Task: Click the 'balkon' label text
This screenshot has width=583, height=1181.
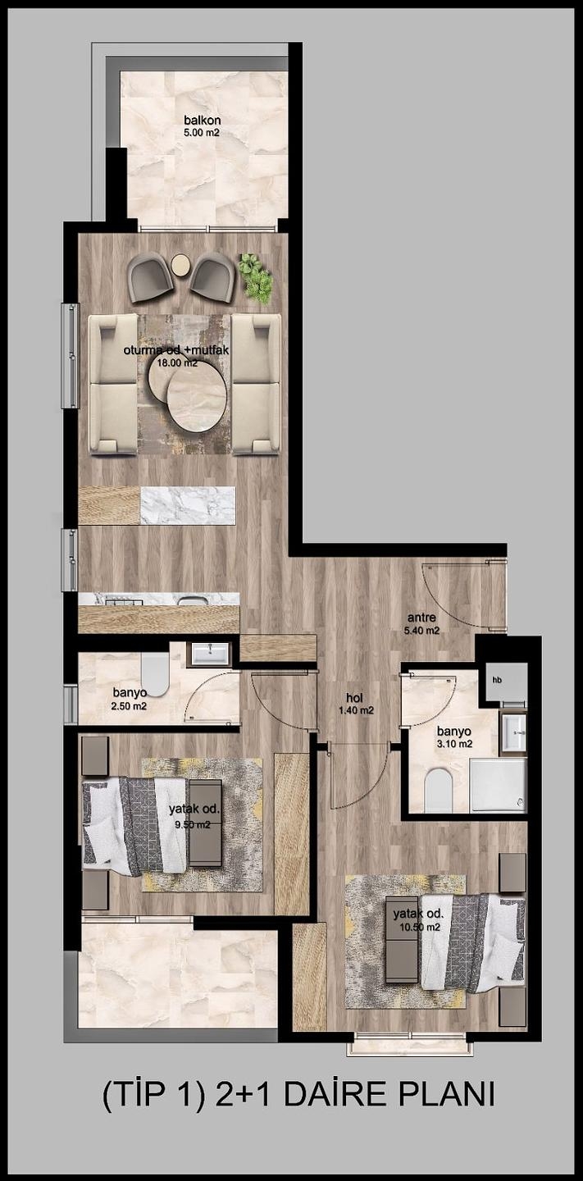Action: (203, 121)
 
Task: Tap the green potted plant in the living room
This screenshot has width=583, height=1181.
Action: (257, 278)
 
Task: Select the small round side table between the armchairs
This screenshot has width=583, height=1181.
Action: (180, 265)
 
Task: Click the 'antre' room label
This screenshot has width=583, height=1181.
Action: (421, 618)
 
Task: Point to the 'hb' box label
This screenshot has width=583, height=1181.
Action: (497, 680)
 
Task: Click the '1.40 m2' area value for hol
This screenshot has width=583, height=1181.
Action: (357, 710)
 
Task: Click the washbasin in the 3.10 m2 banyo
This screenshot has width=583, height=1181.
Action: (514, 732)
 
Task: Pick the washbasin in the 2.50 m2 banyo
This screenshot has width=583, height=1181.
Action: (210, 654)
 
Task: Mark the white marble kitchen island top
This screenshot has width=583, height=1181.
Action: (188, 505)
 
